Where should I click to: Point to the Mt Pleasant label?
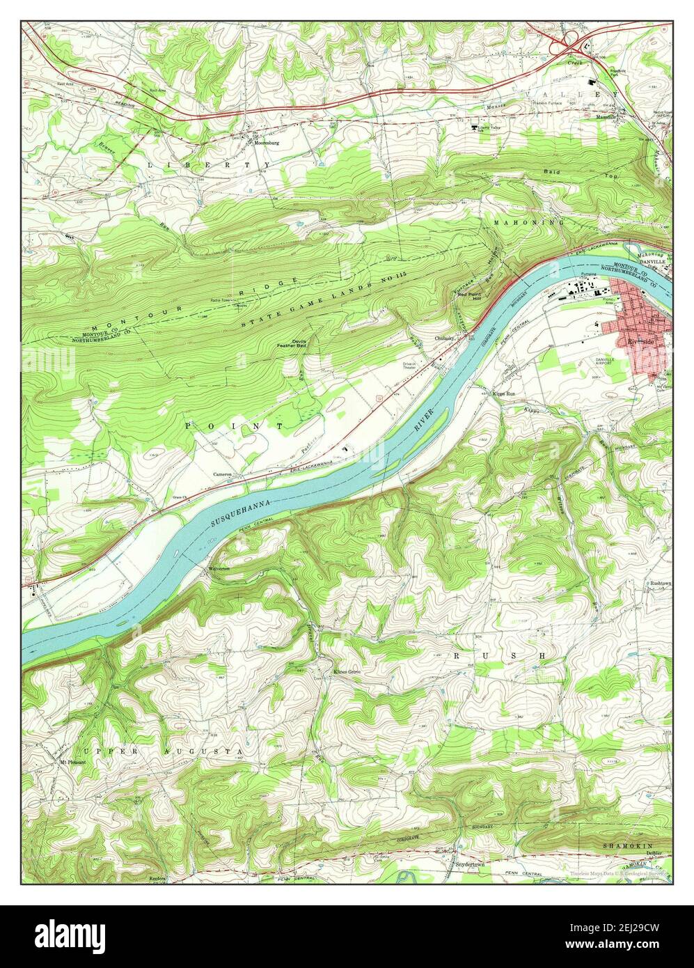pos(71,761)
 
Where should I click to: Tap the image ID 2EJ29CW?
pos(632,932)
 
